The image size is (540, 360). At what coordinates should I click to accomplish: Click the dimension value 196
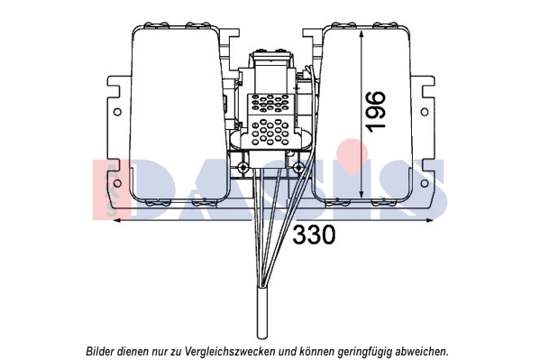pos(376,110)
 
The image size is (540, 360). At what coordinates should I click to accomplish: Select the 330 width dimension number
pos(314,235)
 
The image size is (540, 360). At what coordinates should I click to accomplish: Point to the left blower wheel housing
pos(176,113)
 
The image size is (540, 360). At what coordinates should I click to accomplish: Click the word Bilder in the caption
pos(103,350)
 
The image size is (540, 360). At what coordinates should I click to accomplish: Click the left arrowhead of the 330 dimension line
pos(117,219)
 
